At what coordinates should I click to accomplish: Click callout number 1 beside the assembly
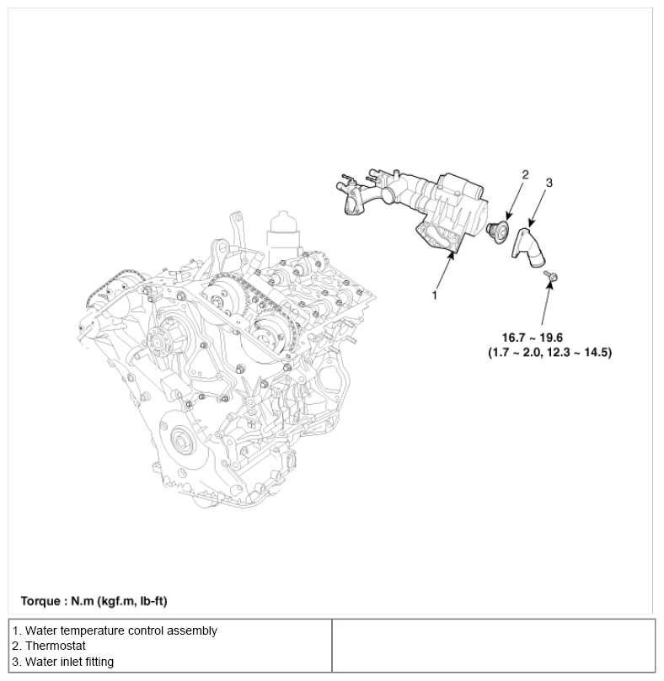pyautogui.click(x=435, y=295)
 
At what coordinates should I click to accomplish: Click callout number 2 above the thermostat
pyautogui.click(x=525, y=175)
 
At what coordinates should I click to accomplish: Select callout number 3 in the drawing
pyautogui.click(x=549, y=182)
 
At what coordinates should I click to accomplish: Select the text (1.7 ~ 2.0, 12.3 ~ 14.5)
pyautogui.click(x=549, y=352)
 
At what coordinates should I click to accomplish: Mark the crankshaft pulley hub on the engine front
pyautogui.click(x=182, y=439)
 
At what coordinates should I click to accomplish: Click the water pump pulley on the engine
pyautogui.click(x=157, y=342)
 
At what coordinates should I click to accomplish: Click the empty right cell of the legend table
pyautogui.click(x=493, y=646)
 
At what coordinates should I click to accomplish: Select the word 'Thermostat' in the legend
pyautogui.click(x=57, y=646)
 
